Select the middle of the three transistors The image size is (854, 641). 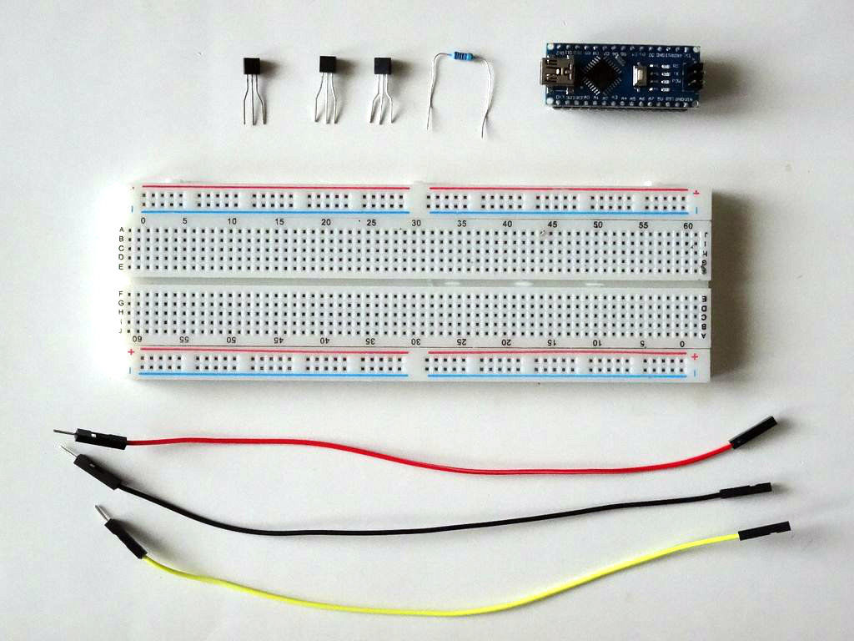328,66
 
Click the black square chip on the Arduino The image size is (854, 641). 601,74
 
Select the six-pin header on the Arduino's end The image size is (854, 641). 691,77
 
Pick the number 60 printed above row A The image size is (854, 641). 688,225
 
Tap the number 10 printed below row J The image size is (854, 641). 596,342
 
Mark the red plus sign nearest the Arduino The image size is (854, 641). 696,192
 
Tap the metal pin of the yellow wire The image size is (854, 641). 101,511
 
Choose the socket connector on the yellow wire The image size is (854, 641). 764,530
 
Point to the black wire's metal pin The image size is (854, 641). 66,451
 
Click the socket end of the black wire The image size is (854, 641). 746,490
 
